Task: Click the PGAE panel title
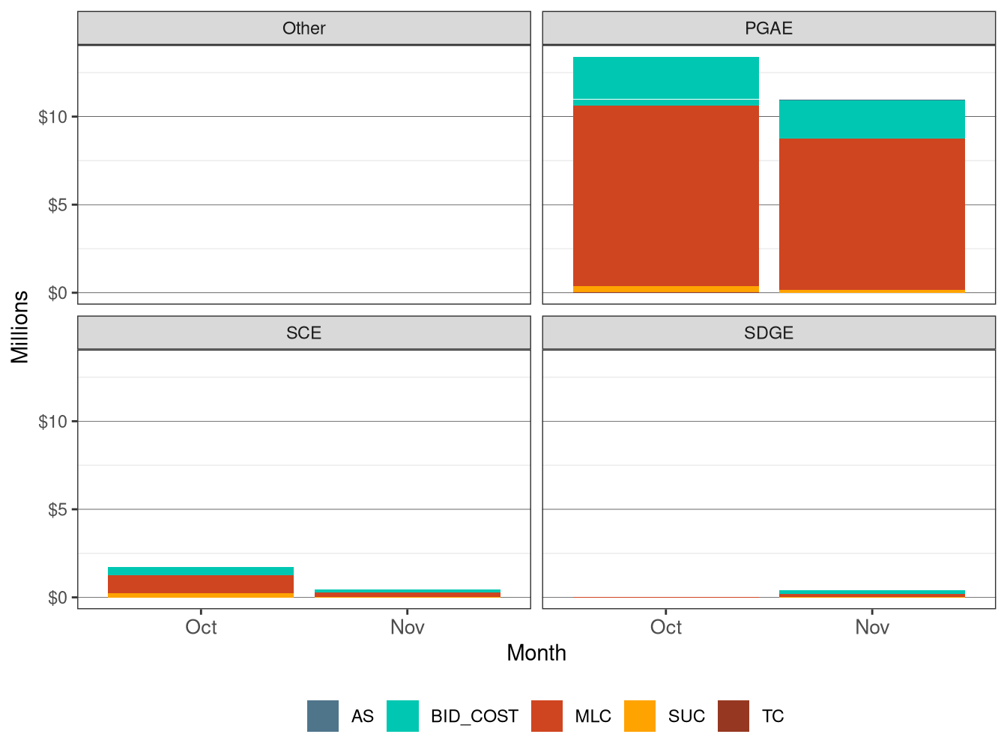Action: point(768,28)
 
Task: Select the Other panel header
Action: point(303,28)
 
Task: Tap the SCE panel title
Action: point(303,333)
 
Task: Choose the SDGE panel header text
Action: point(768,333)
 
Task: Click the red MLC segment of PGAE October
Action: point(665,195)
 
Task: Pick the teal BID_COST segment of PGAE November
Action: point(871,119)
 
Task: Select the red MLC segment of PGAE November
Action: point(871,214)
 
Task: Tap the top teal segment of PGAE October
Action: point(665,77)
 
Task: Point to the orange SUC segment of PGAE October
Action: point(665,289)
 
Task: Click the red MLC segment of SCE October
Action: point(201,584)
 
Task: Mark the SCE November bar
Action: point(407,594)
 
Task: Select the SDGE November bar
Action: point(871,594)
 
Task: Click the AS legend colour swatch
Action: point(323,716)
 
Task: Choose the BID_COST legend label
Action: point(474,717)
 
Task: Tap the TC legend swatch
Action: point(734,716)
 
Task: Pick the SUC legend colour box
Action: point(640,716)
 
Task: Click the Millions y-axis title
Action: point(20,327)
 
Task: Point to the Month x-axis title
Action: point(536,653)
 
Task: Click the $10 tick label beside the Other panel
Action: point(53,117)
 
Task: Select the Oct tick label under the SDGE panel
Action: point(665,628)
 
